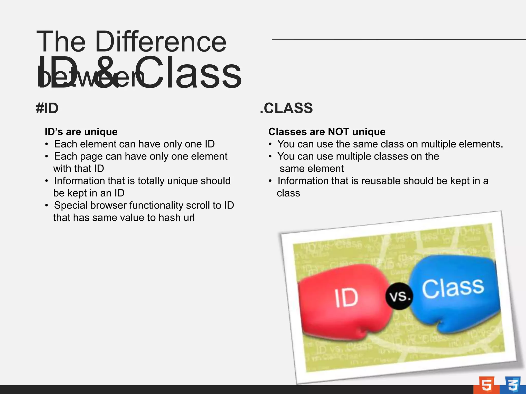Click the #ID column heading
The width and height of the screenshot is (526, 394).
(x=47, y=108)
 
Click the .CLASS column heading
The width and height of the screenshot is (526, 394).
(x=286, y=108)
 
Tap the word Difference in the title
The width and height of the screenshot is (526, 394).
(x=161, y=42)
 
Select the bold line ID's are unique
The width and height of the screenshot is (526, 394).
(x=81, y=132)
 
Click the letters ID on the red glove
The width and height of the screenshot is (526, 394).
(x=346, y=298)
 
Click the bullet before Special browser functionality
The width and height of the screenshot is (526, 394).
(x=46, y=205)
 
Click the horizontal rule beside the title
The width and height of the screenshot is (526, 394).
(x=398, y=40)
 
